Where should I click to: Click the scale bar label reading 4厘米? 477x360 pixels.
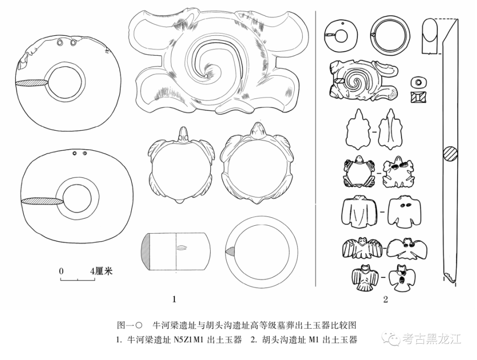(x=101, y=271)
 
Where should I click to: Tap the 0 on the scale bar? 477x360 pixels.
(x=62, y=271)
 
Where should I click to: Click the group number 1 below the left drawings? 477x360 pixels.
(x=174, y=299)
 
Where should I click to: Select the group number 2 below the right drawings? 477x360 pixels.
(x=386, y=299)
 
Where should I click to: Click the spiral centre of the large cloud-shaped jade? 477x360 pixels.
(x=207, y=75)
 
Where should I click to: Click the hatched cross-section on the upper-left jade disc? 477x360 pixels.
(x=32, y=83)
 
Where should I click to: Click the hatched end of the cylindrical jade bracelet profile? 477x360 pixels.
(x=146, y=251)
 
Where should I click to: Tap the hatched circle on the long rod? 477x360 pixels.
(x=450, y=153)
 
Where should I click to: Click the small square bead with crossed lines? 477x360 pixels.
(x=418, y=97)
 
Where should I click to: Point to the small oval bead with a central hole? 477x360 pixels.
(x=418, y=82)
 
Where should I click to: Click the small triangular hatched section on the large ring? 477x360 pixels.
(x=230, y=251)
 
